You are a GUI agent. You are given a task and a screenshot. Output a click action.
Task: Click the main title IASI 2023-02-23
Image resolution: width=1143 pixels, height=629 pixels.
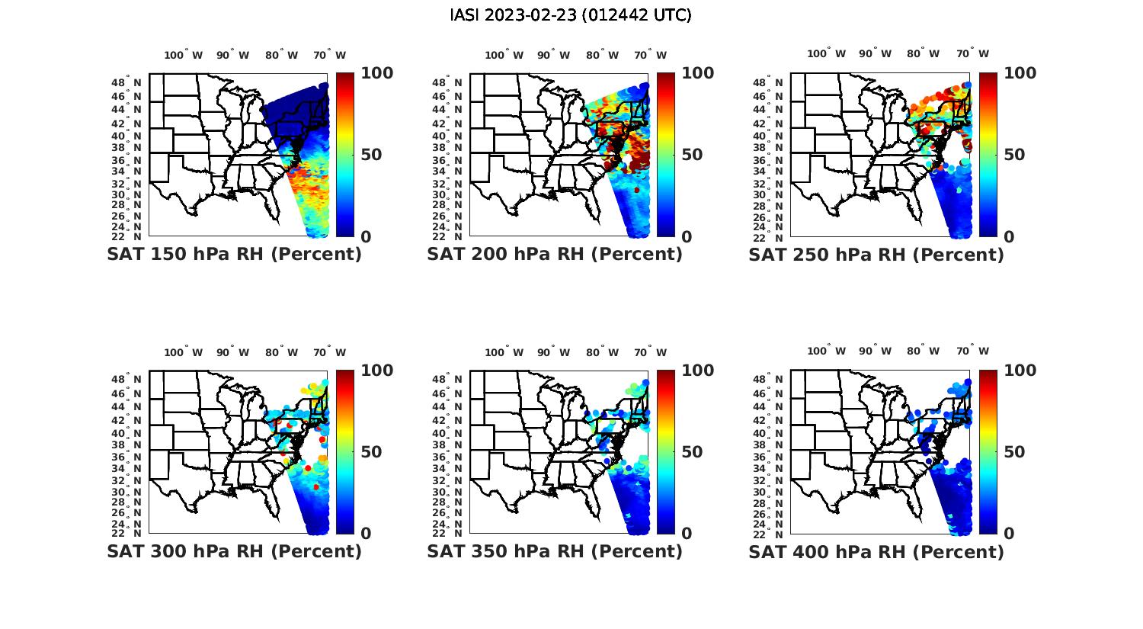click(x=571, y=15)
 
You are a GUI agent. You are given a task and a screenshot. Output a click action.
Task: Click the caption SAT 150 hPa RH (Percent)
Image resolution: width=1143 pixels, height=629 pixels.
click(x=235, y=255)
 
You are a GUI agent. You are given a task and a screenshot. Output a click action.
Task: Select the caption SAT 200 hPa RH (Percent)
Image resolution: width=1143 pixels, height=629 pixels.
click(x=555, y=255)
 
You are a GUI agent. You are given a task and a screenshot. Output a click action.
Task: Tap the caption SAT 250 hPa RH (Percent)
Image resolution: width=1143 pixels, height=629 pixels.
click(x=876, y=255)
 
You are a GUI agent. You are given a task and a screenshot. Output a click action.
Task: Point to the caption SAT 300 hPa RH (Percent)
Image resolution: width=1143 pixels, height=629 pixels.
click(x=235, y=551)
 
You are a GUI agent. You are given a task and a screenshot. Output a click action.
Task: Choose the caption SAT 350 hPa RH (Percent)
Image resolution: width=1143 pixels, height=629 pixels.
click(x=555, y=551)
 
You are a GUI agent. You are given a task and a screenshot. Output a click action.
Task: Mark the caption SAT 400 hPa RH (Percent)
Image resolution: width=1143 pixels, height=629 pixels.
click(x=876, y=551)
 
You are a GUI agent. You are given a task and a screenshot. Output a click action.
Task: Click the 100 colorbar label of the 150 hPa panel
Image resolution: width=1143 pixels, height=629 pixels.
click(x=376, y=73)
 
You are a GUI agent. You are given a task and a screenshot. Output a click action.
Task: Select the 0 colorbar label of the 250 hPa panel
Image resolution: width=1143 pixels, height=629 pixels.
click(x=1009, y=237)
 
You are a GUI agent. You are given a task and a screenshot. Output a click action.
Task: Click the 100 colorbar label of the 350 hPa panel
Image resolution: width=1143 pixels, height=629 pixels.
click(x=697, y=371)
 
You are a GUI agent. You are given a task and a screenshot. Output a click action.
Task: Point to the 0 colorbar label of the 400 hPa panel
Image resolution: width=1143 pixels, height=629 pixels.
click(x=1009, y=534)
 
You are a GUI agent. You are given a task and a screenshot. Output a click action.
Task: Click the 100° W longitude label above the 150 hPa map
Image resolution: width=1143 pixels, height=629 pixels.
click(x=184, y=55)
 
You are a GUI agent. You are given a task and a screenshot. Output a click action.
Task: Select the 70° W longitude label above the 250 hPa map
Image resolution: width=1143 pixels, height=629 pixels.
click(x=973, y=53)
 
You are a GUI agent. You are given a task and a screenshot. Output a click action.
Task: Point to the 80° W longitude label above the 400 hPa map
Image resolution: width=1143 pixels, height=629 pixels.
click(x=923, y=351)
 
